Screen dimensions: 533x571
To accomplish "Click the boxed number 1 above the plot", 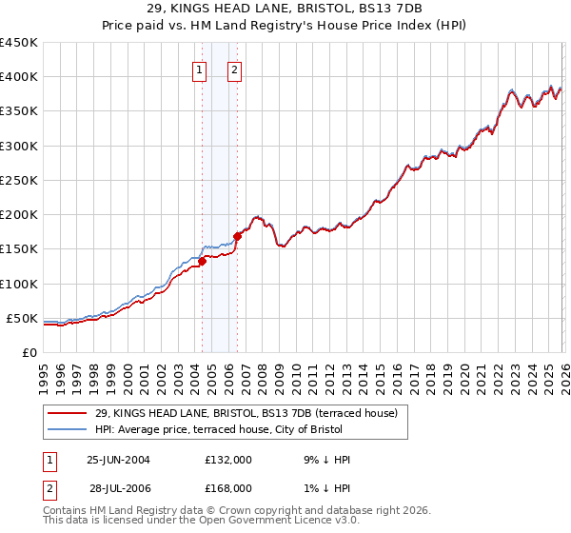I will point(200,69).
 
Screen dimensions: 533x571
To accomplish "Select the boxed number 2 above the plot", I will point(234,69).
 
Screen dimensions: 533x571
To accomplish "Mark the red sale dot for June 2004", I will point(202,262).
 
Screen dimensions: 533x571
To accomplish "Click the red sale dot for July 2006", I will point(237,237).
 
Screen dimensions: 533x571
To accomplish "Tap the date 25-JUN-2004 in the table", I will point(118,460).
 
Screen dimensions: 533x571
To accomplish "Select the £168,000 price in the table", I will point(228,487).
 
